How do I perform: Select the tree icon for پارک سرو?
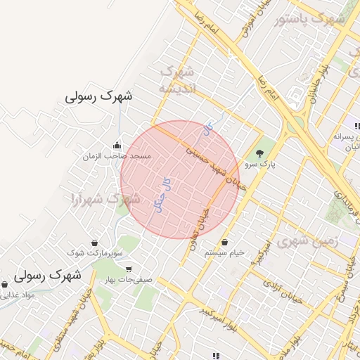(260, 153)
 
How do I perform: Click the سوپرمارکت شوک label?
(96, 252)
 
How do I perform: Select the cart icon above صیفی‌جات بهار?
(128, 269)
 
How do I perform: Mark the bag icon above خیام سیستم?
(224, 242)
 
